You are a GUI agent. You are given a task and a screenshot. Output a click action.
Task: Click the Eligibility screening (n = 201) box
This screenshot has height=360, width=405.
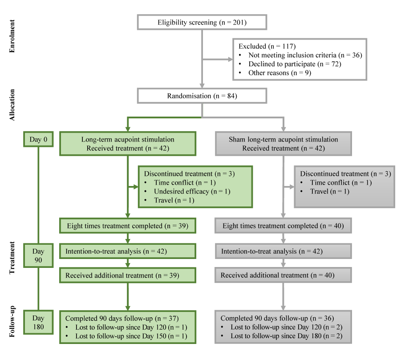point(202,22)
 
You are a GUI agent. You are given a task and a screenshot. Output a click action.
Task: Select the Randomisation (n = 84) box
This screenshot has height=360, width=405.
point(202,96)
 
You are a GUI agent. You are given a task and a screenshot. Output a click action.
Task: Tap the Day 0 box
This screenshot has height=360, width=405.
point(38,139)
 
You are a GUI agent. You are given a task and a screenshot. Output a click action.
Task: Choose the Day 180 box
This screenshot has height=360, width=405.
point(38,323)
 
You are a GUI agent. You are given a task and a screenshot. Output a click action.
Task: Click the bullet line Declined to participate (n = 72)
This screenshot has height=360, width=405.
point(295,64)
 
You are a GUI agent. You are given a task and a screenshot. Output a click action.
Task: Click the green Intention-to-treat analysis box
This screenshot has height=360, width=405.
point(128,251)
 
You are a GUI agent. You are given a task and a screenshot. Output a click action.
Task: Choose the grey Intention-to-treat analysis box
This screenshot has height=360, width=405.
point(283,251)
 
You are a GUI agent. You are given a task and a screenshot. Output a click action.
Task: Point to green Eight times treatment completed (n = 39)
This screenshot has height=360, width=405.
point(128,226)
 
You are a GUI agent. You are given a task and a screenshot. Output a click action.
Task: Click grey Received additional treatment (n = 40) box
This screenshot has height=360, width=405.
point(283,275)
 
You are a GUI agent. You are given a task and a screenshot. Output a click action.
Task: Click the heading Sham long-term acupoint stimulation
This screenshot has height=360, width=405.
point(283,139)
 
